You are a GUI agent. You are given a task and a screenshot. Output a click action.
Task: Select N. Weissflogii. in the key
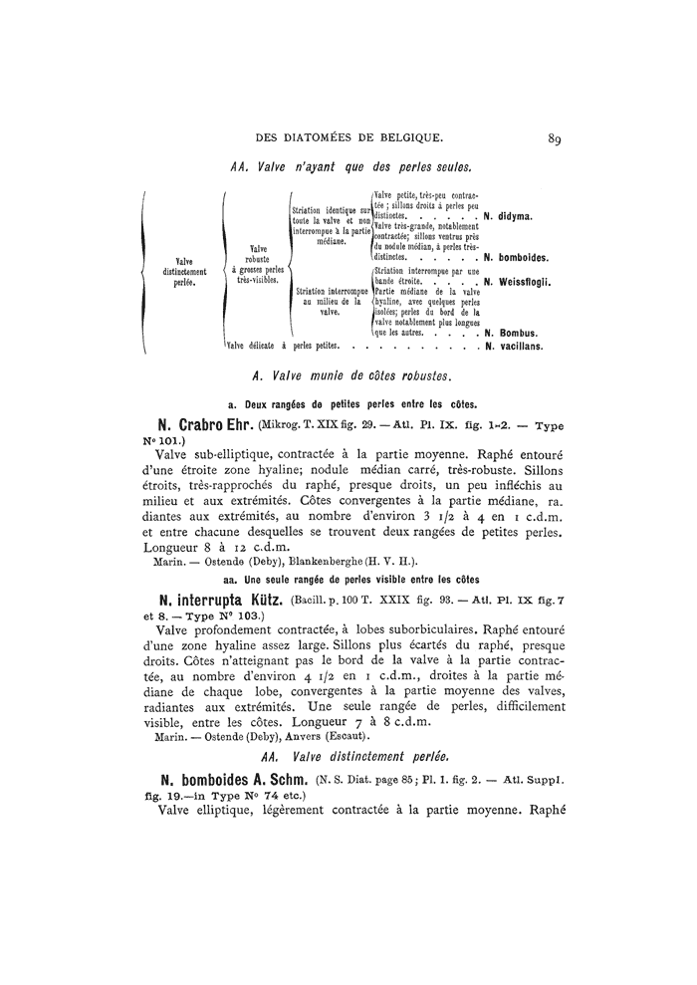click(518, 282)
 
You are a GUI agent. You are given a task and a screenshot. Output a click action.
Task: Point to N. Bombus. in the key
click(512, 333)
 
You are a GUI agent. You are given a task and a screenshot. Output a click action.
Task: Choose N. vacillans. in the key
click(514, 347)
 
